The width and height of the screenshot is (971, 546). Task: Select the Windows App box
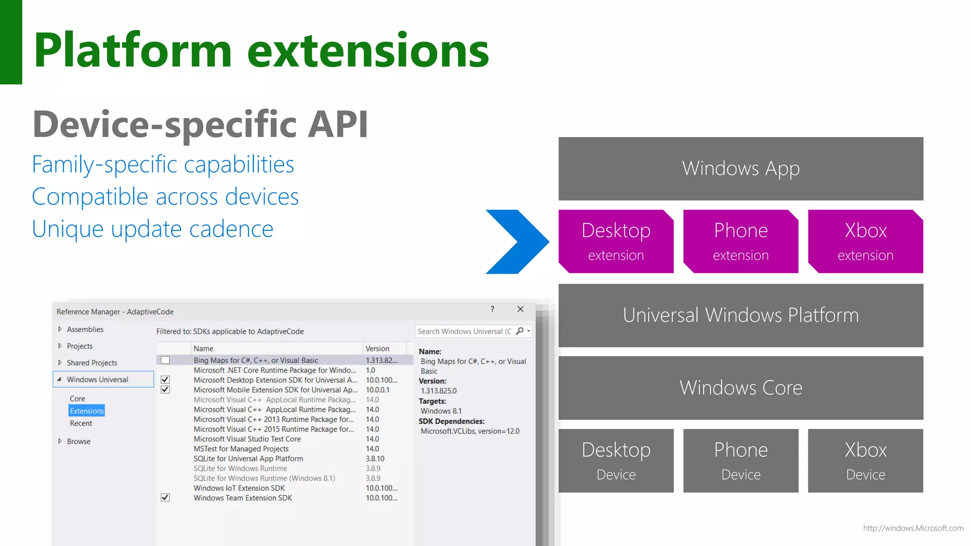[x=741, y=169]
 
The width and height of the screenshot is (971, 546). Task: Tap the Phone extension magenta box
[x=741, y=242]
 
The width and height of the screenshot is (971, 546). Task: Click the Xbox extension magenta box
[x=865, y=242]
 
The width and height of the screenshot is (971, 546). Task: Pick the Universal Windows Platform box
[x=741, y=316]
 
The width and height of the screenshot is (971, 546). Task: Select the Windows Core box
[x=741, y=388]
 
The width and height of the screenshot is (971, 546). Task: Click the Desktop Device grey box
[x=616, y=461]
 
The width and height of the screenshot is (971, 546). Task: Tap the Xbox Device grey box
[x=865, y=461]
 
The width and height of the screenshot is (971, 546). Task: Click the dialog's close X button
[x=520, y=309]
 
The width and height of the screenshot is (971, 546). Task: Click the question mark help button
[x=492, y=309]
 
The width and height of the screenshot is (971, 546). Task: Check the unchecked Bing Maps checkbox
[x=165, y=360]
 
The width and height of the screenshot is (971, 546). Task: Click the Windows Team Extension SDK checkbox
[x=165, y=498]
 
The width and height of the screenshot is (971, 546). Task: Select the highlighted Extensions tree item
[x=87, y=411]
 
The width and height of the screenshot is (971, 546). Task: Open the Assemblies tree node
[x=84, y=329]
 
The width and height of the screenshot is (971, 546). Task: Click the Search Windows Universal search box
[x=465, y=331]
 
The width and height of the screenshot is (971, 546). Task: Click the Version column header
[x=377, y=348]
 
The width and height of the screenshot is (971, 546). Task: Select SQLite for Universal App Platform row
[x=248, y=459]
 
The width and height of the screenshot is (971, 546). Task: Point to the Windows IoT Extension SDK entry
[x=239, y=488]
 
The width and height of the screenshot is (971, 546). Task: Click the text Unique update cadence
[x=153, y=229]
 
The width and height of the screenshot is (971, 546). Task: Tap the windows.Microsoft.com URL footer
[x=913, y=528]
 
